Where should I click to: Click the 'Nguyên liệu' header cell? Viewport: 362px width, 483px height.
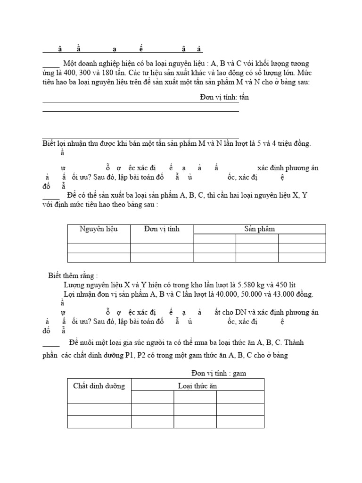(x=99, y=229)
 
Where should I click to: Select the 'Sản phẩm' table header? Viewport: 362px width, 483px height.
(x=259, y=229)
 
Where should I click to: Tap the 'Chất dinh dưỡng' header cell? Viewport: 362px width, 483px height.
(x=99, y=386)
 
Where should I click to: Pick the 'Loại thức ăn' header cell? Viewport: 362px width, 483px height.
(x=197, y=386)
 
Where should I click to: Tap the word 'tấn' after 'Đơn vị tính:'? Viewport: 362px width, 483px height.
(x=243, y=97)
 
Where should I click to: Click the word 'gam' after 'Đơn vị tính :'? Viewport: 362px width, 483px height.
(x=239, y=373)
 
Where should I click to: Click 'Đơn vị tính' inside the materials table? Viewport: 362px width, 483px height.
(x=162, y=229)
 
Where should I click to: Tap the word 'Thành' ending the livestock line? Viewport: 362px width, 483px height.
(x=300, y=342)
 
